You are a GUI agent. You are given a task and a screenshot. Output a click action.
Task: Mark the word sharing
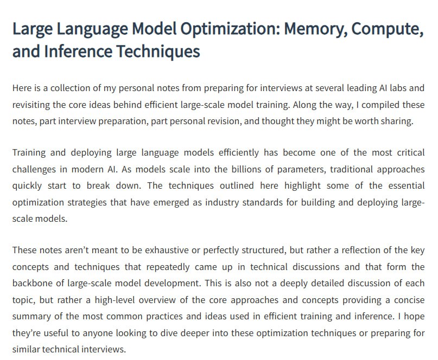395,121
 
